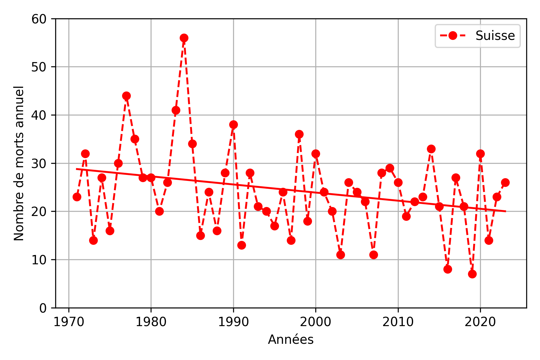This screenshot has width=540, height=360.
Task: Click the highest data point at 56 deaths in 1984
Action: coord(184,38)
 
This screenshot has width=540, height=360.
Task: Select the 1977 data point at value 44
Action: coord(126,96)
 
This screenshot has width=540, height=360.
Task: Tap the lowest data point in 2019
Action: coord(472,274)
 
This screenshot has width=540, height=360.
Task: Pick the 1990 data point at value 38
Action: coord(233,124)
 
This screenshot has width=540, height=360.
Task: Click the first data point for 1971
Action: coord(77,197)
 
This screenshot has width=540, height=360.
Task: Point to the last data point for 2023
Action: coord(505,182)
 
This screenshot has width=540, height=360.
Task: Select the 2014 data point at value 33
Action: coord(431,149)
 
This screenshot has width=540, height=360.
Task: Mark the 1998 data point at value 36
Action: coord(299,134)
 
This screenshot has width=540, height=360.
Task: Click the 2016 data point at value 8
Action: coord(448,269)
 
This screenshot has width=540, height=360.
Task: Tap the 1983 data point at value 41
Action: coord(176,110)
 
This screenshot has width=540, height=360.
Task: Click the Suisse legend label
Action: coord(495,36)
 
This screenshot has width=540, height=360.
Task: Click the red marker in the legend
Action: coord(453,36)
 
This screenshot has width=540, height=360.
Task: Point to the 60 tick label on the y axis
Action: coord(39,19)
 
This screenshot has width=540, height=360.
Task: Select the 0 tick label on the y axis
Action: coord(43,308)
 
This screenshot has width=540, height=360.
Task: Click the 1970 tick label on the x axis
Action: coord(69,322)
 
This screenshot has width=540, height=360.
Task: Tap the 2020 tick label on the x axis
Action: coord(480,322)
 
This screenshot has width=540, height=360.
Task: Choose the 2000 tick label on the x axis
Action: coord(316,322)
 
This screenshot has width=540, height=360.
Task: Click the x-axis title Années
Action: coord(291,340)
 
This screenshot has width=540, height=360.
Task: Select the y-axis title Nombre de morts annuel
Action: coord(19,163)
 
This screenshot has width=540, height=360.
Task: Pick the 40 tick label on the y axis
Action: coord(39,115)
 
